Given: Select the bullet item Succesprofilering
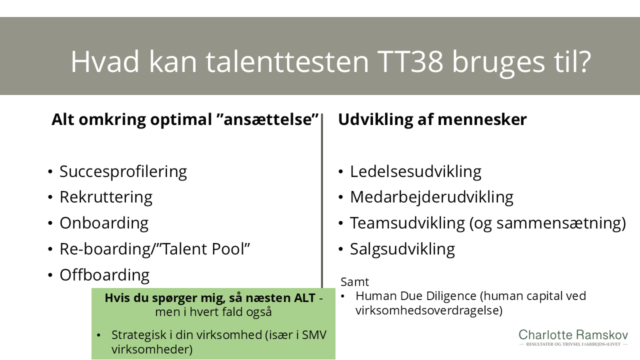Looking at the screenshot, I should (x=123, y=171).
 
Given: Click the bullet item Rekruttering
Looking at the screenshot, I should (x=106, y=197).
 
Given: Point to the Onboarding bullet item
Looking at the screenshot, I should (x=104, y=223).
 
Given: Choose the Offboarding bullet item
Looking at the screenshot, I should (x=104, y=275).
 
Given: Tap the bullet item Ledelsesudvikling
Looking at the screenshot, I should (x=415, y=171).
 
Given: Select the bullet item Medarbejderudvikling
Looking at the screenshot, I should (x=431, y=197).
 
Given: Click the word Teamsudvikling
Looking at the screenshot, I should (x=407, y=223).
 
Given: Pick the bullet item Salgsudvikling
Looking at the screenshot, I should (x=402, y=249).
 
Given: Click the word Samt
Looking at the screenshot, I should (x=354, y=281).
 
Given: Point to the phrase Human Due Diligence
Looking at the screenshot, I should (x=416, y=296).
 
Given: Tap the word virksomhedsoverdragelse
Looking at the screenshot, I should (x=427, y=310).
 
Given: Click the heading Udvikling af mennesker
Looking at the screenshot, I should (x=432, y=120).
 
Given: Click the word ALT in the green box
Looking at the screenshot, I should (x=301, y=298).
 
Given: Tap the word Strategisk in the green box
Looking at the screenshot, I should (x=142, y=334).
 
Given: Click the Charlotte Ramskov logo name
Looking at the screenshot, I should (x=573, y=335).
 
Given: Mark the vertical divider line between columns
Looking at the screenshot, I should (x=322, y=200).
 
